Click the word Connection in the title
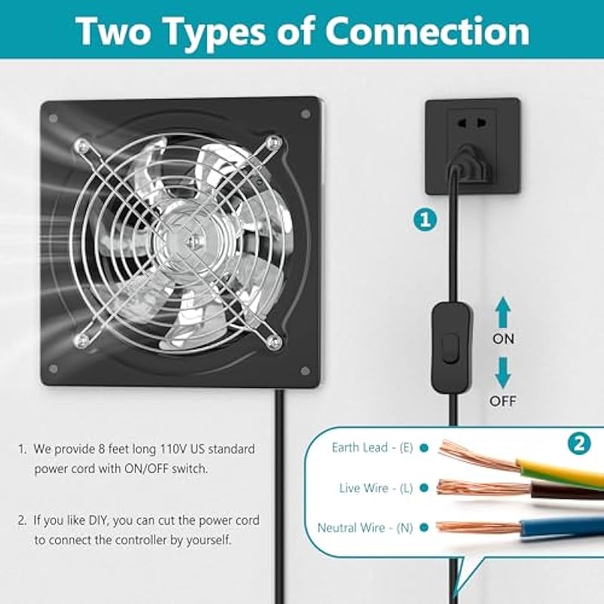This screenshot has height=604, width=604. coord(427,32)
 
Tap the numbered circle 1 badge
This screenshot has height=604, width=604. coord(425,220)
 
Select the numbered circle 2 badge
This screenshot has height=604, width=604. coord(579,444)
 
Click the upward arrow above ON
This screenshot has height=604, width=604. coord(503,313)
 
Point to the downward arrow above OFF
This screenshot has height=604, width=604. coord(503,372)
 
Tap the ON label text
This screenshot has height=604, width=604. coord(503,339)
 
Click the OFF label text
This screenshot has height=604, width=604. coord(503,402)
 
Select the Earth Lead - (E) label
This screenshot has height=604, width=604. coord(372,448)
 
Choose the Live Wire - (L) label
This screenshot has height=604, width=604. coord(375,488)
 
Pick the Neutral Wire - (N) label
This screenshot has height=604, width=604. coord(365,527)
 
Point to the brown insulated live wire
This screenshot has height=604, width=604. coord(566,491)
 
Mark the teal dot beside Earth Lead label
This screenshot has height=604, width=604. coord(424,448)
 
